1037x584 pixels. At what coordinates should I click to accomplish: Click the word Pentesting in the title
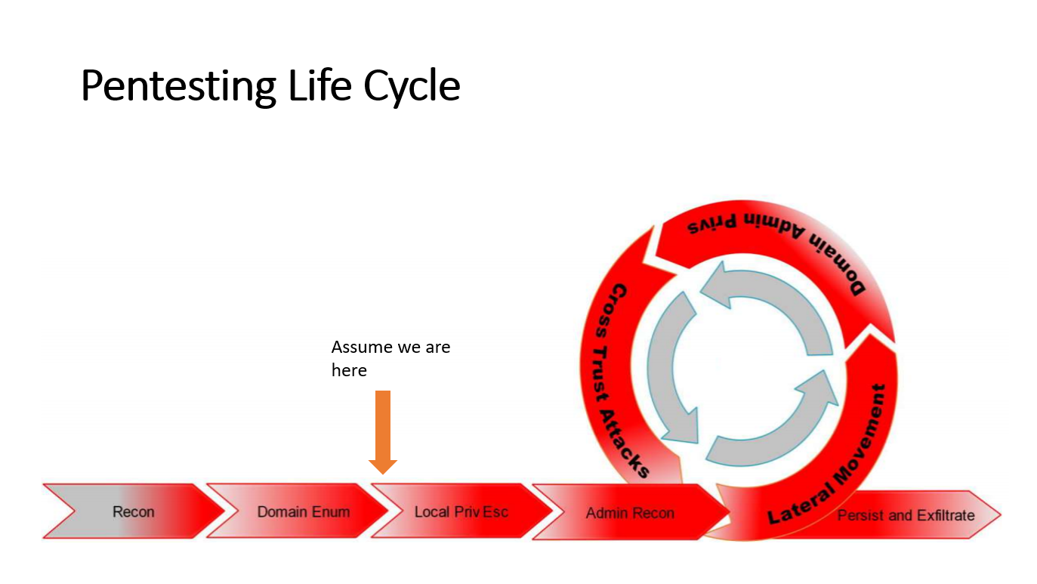[178, 87]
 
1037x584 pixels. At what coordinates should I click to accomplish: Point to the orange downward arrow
[383, 431]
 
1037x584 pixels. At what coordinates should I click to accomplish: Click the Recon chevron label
[133, 511]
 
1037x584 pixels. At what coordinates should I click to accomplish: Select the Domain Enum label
[303, 511]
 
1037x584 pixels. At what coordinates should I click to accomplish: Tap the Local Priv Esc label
[461, 511]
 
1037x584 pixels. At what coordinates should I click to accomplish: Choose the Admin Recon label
[630, 513]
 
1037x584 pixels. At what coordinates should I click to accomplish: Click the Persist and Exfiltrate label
[906, 515]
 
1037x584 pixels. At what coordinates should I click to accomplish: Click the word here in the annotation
[349, 370]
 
